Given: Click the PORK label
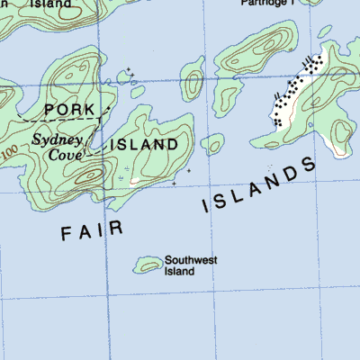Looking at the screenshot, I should click(x=68, y=109).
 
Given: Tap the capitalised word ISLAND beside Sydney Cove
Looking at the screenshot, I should click(x=144, y=144).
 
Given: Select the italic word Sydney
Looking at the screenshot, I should click(x=58, y=139).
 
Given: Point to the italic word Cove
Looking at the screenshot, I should click(x=64, y=155).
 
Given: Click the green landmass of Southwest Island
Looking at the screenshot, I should click(x=147, y=265).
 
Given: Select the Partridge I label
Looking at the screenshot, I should click(x=267, y=3).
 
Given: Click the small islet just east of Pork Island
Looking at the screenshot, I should click(x=212, y=143).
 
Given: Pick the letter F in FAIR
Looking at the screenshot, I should click(x=66, y=235).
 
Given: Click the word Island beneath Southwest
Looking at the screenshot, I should click(x=179, y=272).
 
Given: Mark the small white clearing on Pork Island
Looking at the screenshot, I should click(x=134, y=180).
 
